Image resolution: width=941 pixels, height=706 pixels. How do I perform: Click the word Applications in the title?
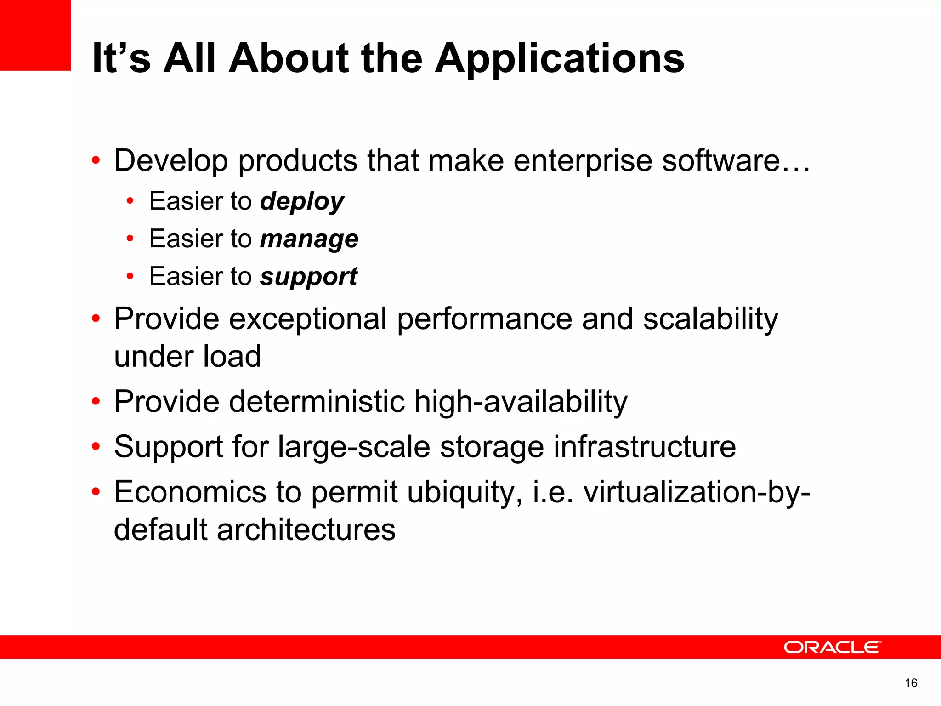pos(559,59)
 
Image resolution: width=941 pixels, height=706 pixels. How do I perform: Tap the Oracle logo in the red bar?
pos(832,647)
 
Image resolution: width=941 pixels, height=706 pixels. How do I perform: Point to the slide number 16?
pos(911,683)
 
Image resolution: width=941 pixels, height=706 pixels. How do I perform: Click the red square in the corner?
pos(35,35)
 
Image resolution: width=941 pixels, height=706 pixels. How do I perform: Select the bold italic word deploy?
pos(302,202)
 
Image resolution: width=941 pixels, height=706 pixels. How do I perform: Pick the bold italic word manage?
pos(309,239)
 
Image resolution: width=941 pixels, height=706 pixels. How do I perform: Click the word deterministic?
pos(317,402)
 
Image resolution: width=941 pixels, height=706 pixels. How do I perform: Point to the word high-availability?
pos(521,402)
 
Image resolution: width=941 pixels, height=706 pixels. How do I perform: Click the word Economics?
pos(190,492)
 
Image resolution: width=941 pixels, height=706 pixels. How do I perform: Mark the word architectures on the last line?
pos(306,529)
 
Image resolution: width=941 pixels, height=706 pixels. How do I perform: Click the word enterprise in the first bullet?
pos(582,161)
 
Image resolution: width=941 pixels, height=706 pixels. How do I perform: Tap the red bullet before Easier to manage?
pos(130,239)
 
